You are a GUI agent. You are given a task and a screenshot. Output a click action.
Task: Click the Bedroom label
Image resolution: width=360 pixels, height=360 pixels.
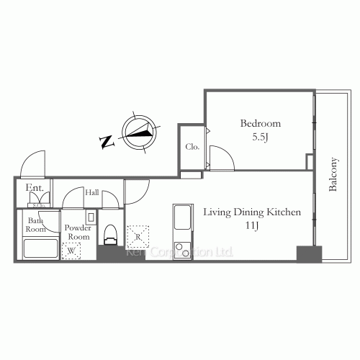tap(261, 122)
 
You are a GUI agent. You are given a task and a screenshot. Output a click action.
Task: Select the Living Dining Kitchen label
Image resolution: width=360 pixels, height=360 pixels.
tap(251, 212)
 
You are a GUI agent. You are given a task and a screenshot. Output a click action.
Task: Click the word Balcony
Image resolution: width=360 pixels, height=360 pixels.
tap(333, 175)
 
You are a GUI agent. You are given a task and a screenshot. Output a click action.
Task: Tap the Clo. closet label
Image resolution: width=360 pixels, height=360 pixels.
tap(192, 147)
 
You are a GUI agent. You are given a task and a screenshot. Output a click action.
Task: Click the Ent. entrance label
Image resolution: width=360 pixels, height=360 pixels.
tap(35, 189)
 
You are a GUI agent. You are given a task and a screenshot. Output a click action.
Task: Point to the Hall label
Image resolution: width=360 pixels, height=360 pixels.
tap(92, 193)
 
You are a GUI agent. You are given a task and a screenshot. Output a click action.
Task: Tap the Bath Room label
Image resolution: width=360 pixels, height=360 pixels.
tap(36, 224)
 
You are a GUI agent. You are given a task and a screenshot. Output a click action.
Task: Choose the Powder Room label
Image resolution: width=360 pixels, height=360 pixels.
tap(77, 232)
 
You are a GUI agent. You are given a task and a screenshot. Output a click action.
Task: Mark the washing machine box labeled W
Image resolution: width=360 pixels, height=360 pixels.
tap(71, 251)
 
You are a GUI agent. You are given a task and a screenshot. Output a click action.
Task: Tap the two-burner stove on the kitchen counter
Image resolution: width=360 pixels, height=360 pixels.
tap(182, 252)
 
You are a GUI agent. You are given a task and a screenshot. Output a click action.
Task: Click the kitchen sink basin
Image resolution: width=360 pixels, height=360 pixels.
tap(182, 217)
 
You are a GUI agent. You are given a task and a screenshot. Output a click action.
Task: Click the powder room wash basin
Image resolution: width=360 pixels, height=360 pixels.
tap(91, 217)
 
